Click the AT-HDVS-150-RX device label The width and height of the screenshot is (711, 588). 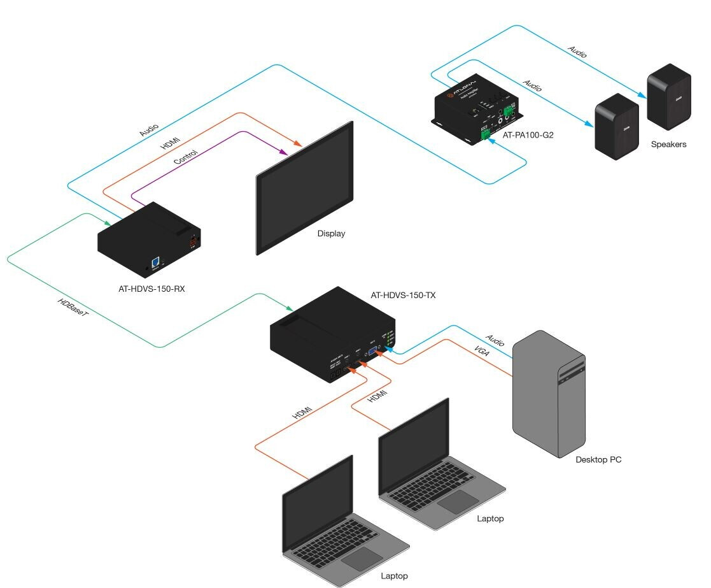(151, 288)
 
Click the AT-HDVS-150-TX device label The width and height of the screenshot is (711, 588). (403, 295)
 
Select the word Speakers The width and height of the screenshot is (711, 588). (668, 145)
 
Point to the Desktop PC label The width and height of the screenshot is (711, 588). (598, 459)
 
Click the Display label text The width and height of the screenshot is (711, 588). (331, 234)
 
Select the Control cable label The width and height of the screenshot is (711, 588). (186, 157)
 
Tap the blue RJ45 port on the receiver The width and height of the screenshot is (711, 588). (155, 262)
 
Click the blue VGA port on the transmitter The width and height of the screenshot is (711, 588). (372, 350)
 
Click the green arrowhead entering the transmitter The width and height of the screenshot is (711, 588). (289, 309)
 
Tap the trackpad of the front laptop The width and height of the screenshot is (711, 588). (362, 558)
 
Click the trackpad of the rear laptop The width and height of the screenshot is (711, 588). (458, 501)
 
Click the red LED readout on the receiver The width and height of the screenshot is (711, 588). (191, 243)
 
